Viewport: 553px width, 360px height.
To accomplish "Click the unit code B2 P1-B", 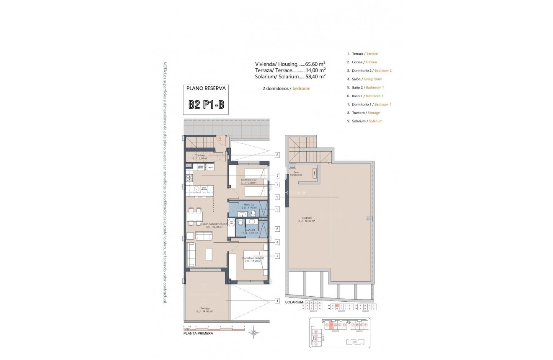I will pos(206,104).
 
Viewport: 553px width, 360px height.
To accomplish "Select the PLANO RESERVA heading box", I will pos(206,88).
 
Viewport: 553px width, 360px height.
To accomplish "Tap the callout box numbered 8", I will pos(277,155).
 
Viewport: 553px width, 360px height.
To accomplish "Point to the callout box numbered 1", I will pos(277,300).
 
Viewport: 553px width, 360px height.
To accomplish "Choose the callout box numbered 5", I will pos(277,209).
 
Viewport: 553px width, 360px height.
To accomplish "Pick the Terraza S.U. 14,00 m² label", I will pos(204,309).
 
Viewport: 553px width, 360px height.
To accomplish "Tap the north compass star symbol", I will pos(253,333).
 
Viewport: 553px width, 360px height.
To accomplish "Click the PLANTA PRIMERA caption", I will pos(198,334).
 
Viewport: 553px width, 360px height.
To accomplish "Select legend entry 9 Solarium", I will pos(364,121).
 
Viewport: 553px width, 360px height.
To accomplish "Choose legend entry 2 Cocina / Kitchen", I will pos(362,62).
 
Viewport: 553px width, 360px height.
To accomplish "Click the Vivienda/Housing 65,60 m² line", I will pos(290,64).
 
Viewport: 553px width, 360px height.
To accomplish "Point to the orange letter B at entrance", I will pos(219,139).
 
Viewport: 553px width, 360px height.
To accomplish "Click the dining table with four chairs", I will pos(195,216).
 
